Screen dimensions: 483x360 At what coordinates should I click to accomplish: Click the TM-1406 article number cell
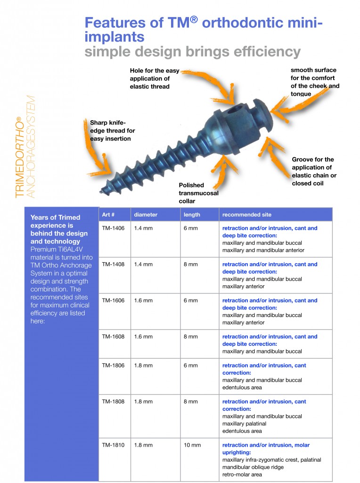[113, 228]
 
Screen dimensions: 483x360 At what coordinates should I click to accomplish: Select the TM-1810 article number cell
[113, 445]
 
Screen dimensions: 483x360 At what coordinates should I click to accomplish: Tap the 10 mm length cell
[192, 445]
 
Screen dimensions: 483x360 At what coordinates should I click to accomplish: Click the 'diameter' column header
[146, 215]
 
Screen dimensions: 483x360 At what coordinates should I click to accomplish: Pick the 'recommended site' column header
[246, 215]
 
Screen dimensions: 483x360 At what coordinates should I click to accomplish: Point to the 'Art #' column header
[109, 215]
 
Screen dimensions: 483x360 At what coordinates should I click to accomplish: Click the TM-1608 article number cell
[113, 337]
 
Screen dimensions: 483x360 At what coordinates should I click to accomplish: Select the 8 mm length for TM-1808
[190, 402]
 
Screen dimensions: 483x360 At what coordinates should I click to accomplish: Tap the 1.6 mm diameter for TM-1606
[143, 300]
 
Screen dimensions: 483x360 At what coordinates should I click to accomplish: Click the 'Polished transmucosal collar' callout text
[198, 193]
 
